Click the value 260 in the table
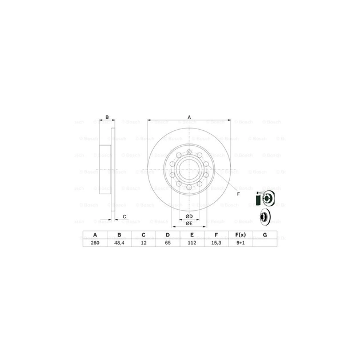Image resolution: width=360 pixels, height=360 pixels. [95, 243]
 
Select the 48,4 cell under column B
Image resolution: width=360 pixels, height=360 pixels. [119, 243]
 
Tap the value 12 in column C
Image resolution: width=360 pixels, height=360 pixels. [143, 243]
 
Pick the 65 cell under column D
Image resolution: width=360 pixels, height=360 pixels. [168, 243]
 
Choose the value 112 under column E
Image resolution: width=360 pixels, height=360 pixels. [192, 243]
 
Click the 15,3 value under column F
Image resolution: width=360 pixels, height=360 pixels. [217, 243]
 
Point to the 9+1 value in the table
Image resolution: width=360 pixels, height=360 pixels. [240, 243]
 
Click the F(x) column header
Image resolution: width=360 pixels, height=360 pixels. [240, 235]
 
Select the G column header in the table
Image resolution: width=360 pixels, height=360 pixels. [264, 235]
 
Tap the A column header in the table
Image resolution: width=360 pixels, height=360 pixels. [95, 235]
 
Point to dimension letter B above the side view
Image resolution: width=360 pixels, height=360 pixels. [107, 118]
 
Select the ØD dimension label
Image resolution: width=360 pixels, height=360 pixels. [189, 216]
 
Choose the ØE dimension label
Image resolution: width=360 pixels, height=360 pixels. [189, 224]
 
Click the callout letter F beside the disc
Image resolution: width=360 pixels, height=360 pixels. [238, 194]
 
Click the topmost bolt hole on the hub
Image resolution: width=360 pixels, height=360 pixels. [189, 151]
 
